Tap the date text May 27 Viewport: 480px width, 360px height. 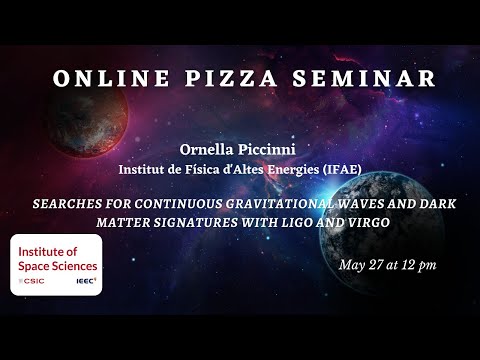(363, 265)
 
